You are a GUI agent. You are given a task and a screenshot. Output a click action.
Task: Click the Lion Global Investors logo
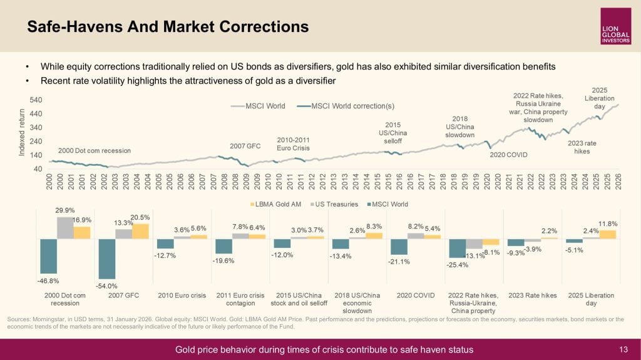[615, 26]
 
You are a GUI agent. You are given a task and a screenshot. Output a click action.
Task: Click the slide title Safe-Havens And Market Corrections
[168, 26]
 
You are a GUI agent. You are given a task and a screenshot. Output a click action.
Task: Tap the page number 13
[623, 349]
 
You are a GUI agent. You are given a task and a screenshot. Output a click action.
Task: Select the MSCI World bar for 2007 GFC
[107, 259]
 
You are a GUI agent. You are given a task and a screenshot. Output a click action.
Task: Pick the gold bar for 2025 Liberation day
[608, 234]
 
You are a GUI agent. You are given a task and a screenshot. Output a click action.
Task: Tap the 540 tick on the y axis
[36, 100]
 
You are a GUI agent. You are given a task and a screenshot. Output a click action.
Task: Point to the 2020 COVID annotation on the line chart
[508, 154]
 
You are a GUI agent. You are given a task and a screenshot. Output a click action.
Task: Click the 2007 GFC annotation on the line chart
[245, 146]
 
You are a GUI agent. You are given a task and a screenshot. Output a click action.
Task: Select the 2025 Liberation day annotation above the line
[599, 98]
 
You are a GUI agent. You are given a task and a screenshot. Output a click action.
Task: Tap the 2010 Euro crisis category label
[182, 296]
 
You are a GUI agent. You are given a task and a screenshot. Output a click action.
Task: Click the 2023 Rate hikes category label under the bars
[532, 296]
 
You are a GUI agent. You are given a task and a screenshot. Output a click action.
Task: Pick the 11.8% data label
[608, 224]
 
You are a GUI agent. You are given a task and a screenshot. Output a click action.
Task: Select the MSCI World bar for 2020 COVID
[399, 247]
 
